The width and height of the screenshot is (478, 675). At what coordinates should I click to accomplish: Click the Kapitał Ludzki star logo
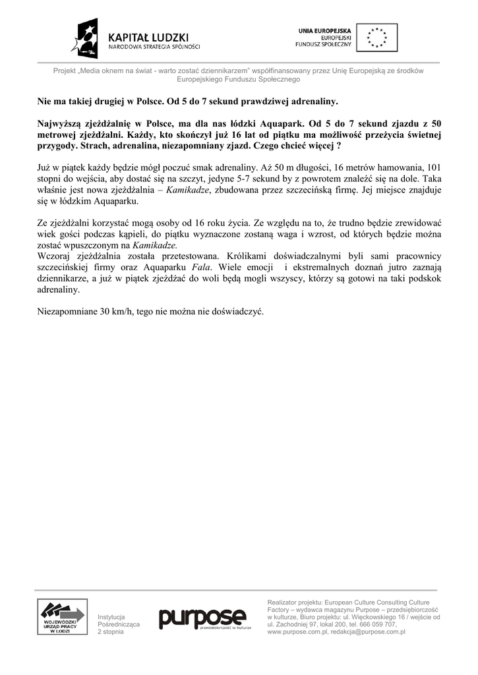[88, 38]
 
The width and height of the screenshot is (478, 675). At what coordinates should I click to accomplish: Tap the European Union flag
[377, 38]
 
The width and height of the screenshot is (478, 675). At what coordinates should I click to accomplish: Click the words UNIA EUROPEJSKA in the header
[325, 30]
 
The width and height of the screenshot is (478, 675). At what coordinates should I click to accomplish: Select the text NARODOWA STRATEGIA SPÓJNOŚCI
[154, 47]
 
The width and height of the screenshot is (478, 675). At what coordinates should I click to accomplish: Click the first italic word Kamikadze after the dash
[189, 189]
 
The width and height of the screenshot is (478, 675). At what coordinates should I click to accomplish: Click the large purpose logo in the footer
[202, 618]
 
